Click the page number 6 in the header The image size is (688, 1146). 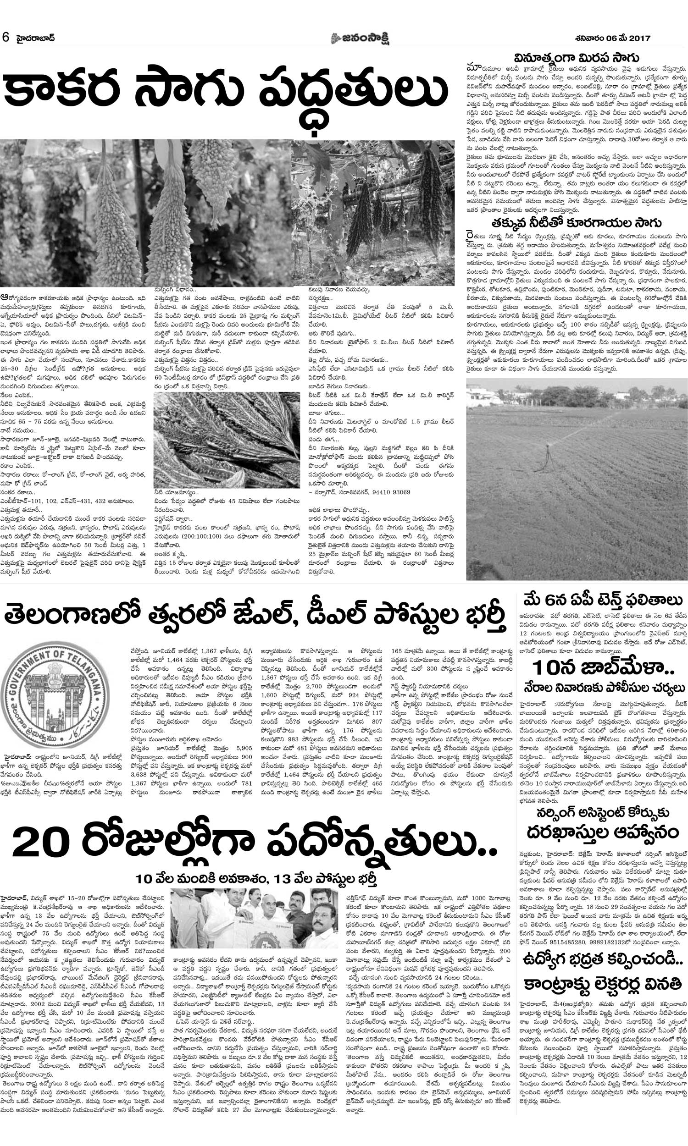(x=6, y=38)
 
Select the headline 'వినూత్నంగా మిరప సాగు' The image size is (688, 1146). (x=577, y=59)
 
